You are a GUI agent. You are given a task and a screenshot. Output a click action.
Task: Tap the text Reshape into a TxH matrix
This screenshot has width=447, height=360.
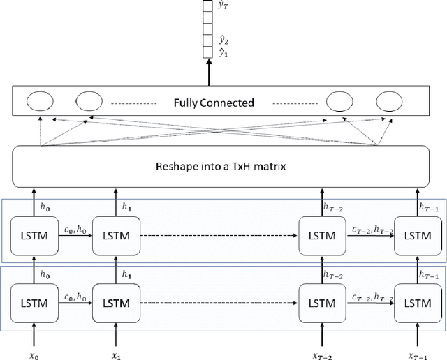pyautogui.click(x=222, y=168)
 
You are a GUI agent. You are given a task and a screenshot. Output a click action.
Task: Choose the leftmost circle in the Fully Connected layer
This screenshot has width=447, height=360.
pyautogui.click(x=39, y=103)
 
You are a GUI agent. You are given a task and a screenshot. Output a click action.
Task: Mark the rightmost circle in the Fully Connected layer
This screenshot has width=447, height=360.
pyautogui.click(x=388, y=103)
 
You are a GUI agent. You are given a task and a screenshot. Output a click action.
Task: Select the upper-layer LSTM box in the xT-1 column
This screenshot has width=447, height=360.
pyautogui.click(x=417, y=236)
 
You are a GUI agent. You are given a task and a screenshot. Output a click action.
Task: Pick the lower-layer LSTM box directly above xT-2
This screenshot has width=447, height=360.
pyautogui.click(x=322, y=303)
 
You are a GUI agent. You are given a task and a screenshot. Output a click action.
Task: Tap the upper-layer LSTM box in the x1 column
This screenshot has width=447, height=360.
pyautogui.click(x=116, y=236)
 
